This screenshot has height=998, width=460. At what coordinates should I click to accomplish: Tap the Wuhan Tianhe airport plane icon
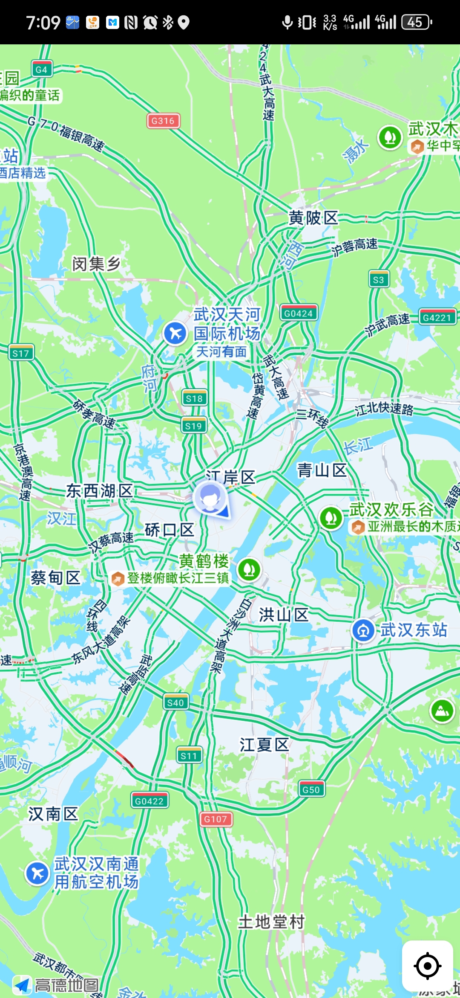pos(175,333)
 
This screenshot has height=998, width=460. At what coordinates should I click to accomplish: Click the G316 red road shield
pos(163,121)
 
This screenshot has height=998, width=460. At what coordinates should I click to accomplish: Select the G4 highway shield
pos(42,69)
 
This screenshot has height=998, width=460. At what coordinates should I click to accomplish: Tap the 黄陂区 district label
pos(313,218)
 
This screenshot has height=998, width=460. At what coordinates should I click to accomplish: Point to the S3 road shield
pos(378,280)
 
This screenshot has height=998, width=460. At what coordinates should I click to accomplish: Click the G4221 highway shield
pos(437,318)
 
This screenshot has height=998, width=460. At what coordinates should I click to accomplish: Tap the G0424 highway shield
pos(299,313)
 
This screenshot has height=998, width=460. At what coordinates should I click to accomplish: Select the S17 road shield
pos(20,353)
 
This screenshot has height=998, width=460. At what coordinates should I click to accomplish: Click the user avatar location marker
pos(210,497)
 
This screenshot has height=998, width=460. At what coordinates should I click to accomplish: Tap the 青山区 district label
pos(322,470)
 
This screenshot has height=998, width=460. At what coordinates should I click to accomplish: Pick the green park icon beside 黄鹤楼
pos(249,569)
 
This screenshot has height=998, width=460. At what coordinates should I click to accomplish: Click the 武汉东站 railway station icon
pos(363,630)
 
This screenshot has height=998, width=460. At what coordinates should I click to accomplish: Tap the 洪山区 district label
pos(284,615)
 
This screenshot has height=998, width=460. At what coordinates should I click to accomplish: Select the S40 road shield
pos(175,702)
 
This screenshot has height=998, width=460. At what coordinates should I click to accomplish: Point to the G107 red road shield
pos(216,819)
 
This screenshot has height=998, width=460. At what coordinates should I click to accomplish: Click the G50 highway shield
pos(311,790)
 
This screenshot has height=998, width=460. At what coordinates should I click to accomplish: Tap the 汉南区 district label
pos(53,814)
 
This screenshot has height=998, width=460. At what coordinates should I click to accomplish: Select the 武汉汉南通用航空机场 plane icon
pos(37,873)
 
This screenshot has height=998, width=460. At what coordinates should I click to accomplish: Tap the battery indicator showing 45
pos(416,22)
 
